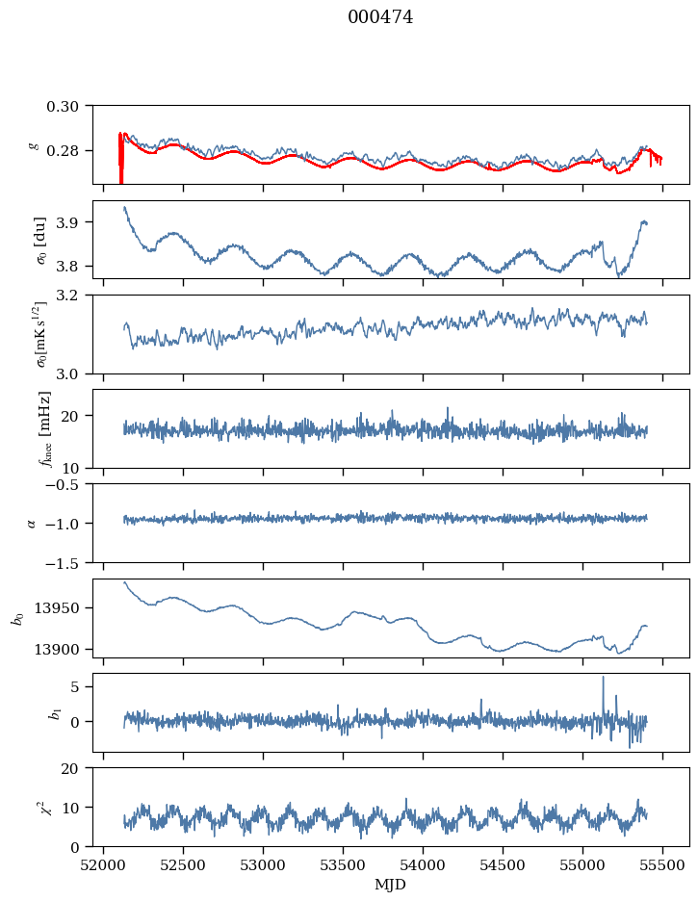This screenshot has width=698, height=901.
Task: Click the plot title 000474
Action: pyautogui.click(x=380, y=17)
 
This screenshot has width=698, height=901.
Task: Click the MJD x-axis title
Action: pyautogui.click(x=391, y=885)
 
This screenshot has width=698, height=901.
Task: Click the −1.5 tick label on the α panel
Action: pyautogui.click(x=67, y=562)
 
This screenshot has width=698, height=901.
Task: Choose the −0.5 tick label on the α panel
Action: pyautogui.click(x=67, y=484)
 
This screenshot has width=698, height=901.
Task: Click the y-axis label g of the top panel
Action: pyautogui.click(x=34, y=144)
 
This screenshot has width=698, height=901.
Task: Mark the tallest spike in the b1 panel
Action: pyautogui.click(x=604, y=678)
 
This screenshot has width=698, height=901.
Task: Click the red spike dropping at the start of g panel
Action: pyautogui.click(x=120, y=173)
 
